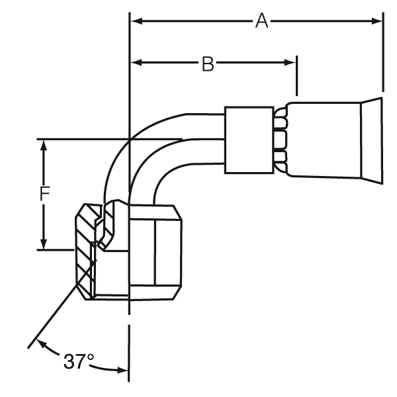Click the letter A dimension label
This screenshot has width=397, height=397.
pos(262,21)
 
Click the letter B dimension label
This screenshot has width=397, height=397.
pos(207,64)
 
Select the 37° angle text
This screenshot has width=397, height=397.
pos(79,361)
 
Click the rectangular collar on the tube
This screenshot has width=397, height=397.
pos(248,140)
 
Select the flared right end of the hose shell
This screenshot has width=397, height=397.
pos(371,140)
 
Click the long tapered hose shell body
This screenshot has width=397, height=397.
pos(324,140)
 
